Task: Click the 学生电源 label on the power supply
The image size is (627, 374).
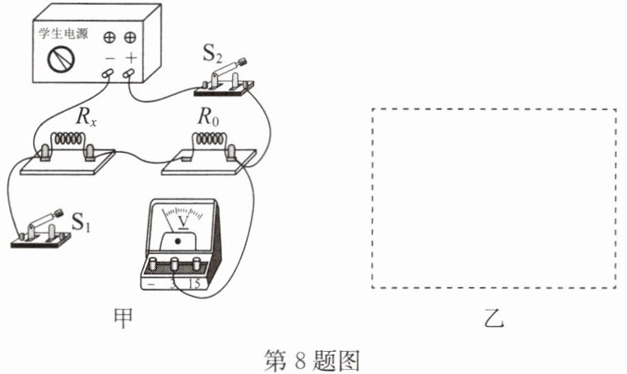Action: click(x=63, y=33)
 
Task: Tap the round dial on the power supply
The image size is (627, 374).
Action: click(x=61, y=59)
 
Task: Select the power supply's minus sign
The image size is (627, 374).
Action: click(x=109, y=58)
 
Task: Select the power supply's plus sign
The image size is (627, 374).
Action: click(x=131, y=58)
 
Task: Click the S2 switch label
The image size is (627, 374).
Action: click(x=212, y=53)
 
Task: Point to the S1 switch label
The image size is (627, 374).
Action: click(x=81, y=221)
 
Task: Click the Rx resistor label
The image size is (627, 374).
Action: click(x=86, y=117)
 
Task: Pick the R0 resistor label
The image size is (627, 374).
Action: click(x=208, y=117)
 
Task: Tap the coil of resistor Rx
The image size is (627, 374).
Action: click(x=69, y=139)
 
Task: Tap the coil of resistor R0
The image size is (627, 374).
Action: click(x=209, y=139)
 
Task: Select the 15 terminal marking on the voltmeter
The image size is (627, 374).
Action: click(x=194, y=284)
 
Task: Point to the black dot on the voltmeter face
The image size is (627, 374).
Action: click(x=178, y=241)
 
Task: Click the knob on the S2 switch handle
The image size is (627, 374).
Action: click(x=243, y=62)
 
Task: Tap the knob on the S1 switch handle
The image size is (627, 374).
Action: click(x=58, y=213)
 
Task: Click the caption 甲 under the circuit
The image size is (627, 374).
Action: click(x=123, y=319)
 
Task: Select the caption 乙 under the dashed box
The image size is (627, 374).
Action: click(x=495, y=318)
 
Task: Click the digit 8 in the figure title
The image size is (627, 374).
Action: click(x=300, y=360)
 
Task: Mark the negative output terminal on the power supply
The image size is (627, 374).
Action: click(x=108, y=73)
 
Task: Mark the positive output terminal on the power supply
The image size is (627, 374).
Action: click(x=128, y=73)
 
